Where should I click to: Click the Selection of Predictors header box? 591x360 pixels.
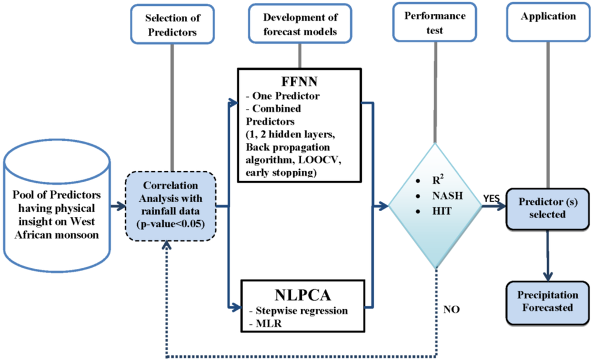coord(172,24)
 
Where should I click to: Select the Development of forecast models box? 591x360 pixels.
coord(300,24)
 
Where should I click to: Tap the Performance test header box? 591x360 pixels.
coord(435,22)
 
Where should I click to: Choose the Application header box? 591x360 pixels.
coord(548,22)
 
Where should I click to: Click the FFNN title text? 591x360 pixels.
coord(300,81)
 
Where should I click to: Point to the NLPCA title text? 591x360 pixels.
coord(302,295)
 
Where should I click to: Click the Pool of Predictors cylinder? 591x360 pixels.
coord(57,206)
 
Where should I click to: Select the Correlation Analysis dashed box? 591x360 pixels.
coord(171,206)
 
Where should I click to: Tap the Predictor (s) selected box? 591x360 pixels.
coord(548,209)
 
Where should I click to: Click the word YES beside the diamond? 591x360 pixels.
coord(492,198)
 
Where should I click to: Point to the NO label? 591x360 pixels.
coord(451,310)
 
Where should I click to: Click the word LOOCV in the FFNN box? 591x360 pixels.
coord(319,160)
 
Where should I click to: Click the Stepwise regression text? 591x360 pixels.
coord(298,310)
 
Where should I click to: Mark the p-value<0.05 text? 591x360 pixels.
coord(171,224)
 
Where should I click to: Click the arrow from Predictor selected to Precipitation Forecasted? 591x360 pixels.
coord(548,256)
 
